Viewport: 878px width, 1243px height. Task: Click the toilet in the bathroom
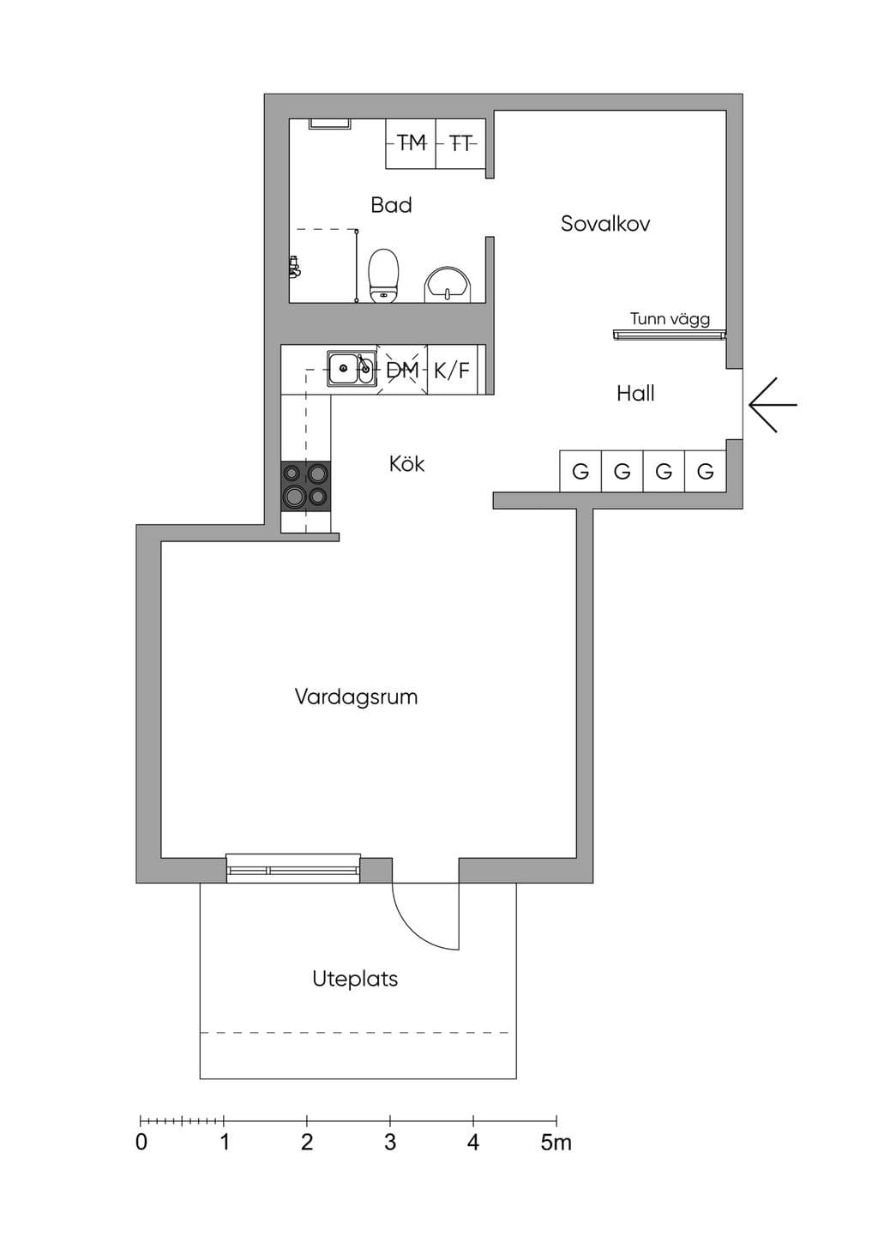(384, 275)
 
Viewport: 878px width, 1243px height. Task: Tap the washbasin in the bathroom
(448, 285)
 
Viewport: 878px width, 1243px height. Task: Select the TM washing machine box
(411, 143)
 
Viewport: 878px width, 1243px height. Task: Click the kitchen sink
(351, 367)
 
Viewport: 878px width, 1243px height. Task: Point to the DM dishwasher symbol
(402, 370)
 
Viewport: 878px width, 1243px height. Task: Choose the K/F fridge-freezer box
(453, 370)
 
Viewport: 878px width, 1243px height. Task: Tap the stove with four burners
(305, 486)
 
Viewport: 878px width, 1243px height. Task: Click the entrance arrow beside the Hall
(773, 405)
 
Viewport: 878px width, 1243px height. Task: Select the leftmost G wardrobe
(580, 471)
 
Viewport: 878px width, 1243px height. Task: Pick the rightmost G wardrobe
(706, 471)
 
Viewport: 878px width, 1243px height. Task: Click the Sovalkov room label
(605, 224)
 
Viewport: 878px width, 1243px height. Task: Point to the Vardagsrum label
(356, 697)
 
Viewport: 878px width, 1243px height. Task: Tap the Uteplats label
(355, 979)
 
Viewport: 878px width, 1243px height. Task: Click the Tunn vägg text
(670, 320)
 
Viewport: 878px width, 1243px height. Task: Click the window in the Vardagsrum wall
(293, 869)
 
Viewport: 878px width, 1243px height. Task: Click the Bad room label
(392, 205)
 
